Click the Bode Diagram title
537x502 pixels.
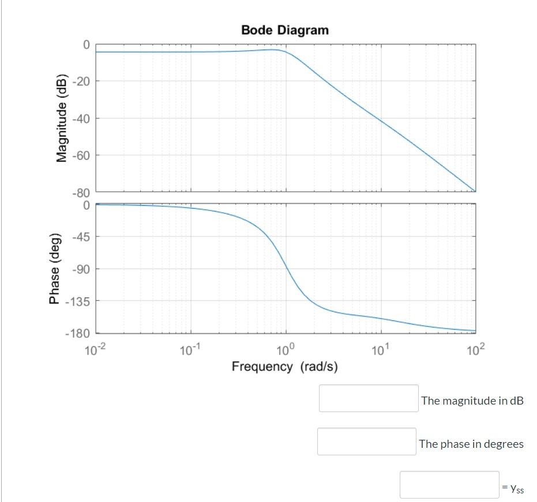[x=284, y=30]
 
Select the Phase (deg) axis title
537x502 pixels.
[x=55, y=269]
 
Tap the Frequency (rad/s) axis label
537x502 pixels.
[x=284, y=367]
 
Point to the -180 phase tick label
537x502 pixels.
[x=78, y=333]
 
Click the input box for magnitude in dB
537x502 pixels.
[x=369, y=398]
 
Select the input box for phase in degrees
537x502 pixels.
[x=366, y=441]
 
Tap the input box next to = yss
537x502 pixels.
[x=449, y=485]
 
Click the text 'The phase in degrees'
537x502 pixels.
[x=471, y=444]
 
